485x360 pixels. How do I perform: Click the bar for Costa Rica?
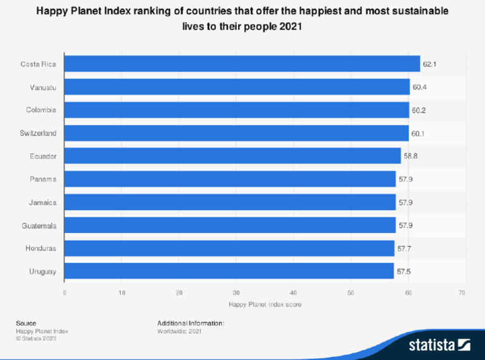pos(242,64)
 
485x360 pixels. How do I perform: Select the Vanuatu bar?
pos(237,87)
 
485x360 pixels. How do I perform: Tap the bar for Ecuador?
pos(232,156)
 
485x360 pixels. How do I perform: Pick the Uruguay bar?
pos(229,272)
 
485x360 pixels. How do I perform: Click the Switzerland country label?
pos(39,133)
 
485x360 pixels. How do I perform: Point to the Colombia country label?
pos(41,110)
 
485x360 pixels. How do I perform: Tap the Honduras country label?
pos(40,248)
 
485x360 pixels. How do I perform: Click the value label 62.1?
pos(430,64)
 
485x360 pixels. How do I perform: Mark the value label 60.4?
pos(419,87)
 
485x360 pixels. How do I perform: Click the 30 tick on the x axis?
pos(236,292)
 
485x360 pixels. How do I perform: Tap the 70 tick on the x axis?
pos(462,292)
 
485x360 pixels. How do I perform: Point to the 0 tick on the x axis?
pos(64,292)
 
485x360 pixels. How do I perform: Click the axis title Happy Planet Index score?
pos(265,304)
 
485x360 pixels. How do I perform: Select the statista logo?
pos(440,345)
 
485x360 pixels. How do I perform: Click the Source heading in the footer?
pos(26,323)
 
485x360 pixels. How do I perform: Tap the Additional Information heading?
pos(191,323)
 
